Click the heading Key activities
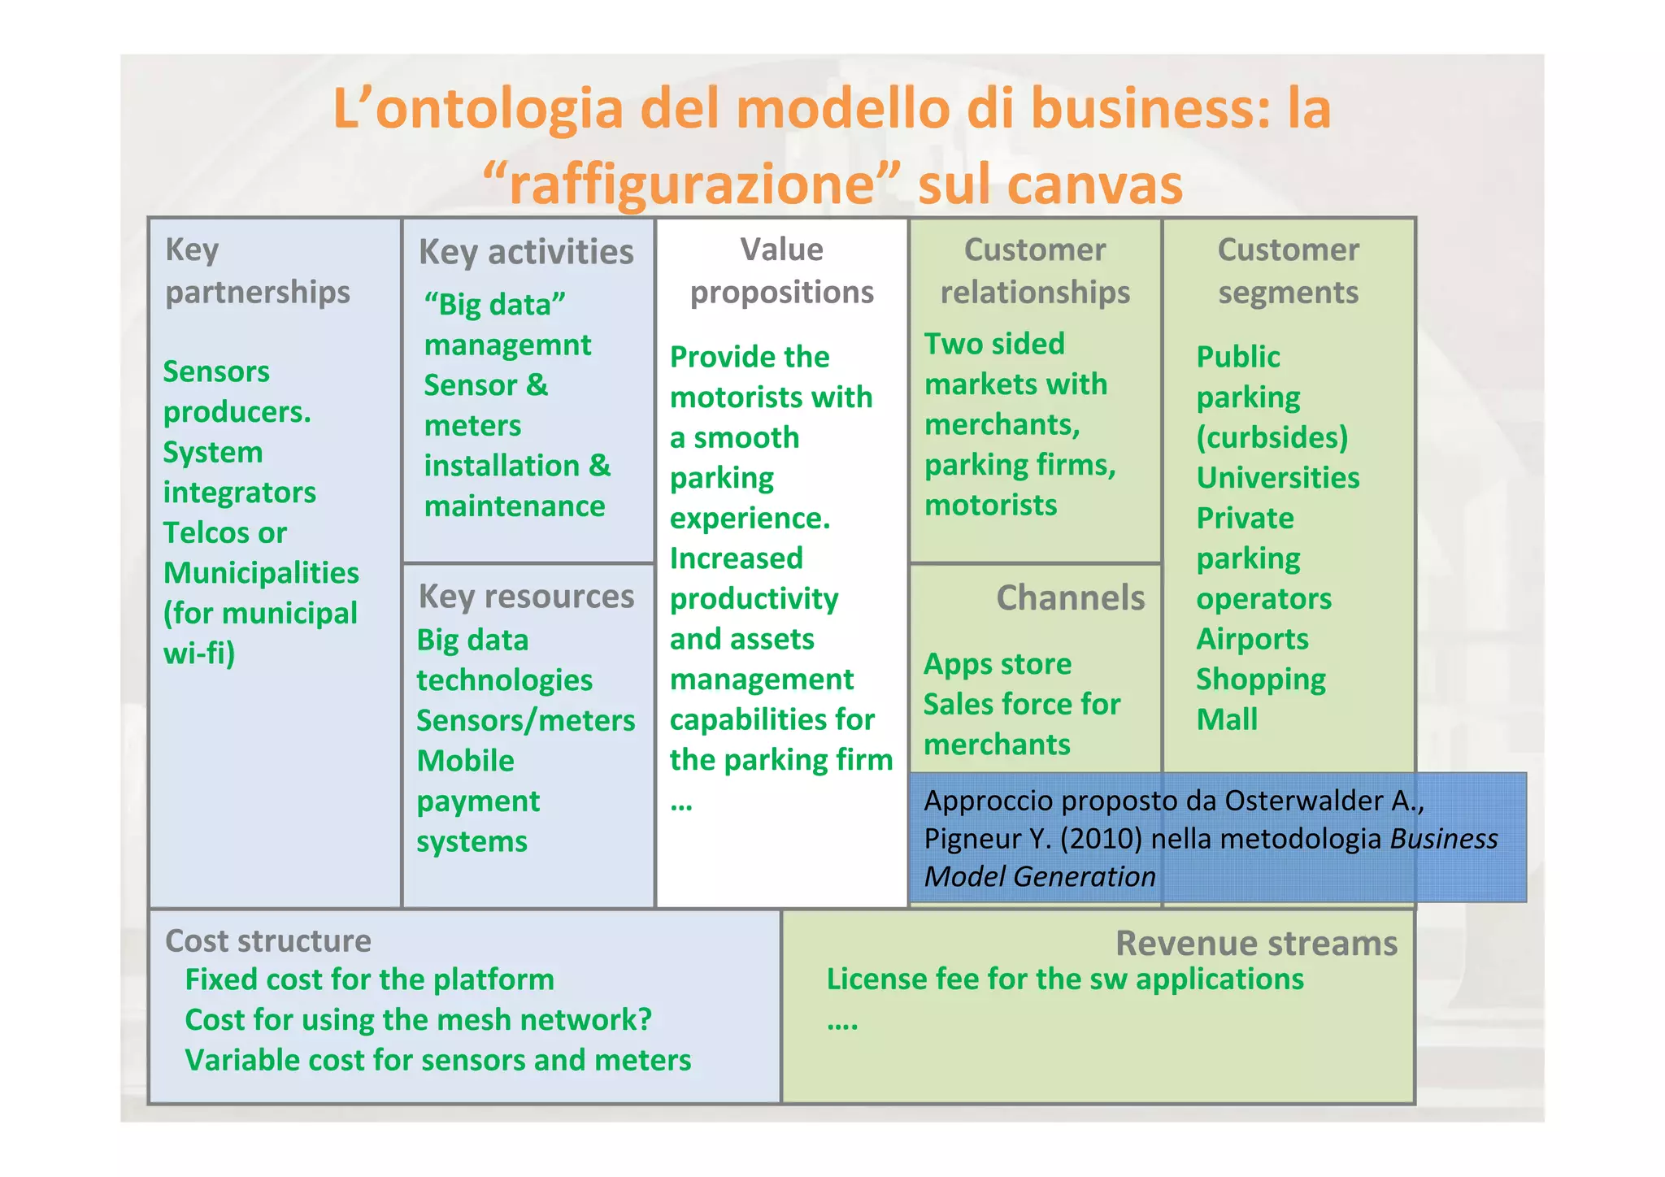click(x=526, y=252)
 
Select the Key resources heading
click(x=526, y=597)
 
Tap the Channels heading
click(x=1070, y=598)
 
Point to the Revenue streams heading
click(x=1256, y=944)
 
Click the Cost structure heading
click(x=267, y=941)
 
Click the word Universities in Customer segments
click(x=1277, y=478)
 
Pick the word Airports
click(x=1252, y=639)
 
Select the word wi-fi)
click(x=199, y=654)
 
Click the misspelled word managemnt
click(x=507, y=345)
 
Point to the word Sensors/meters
click(x=525, y=721)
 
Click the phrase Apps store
click(x=998, y=664)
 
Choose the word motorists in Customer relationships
click(x=990, y=506)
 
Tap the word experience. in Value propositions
click(x=750, y=519)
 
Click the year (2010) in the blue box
click(x=1102, y=839)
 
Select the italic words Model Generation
click(x=1040, y=877)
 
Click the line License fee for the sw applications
click(x=1065, y=979)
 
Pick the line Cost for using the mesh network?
click(x=418, y=1020)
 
